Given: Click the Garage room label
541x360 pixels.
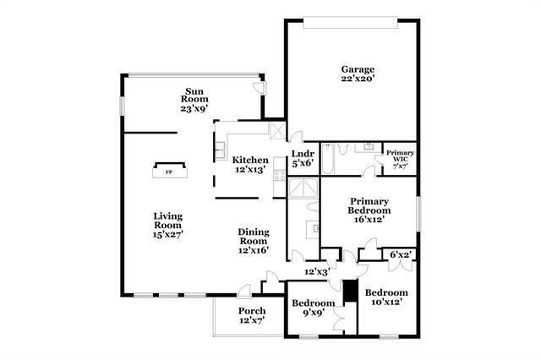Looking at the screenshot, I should point(358,69).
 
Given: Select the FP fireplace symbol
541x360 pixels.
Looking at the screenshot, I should point(169,172).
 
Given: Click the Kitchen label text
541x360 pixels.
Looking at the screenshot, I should point(250,160).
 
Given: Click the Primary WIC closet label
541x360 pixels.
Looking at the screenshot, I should point(400,157).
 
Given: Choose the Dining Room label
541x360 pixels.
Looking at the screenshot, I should point(254,232).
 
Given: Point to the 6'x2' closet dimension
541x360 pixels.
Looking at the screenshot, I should point(400,254).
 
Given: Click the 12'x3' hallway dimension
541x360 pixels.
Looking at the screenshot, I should point(316,272).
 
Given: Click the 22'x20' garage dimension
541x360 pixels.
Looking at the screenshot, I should point(358,80).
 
